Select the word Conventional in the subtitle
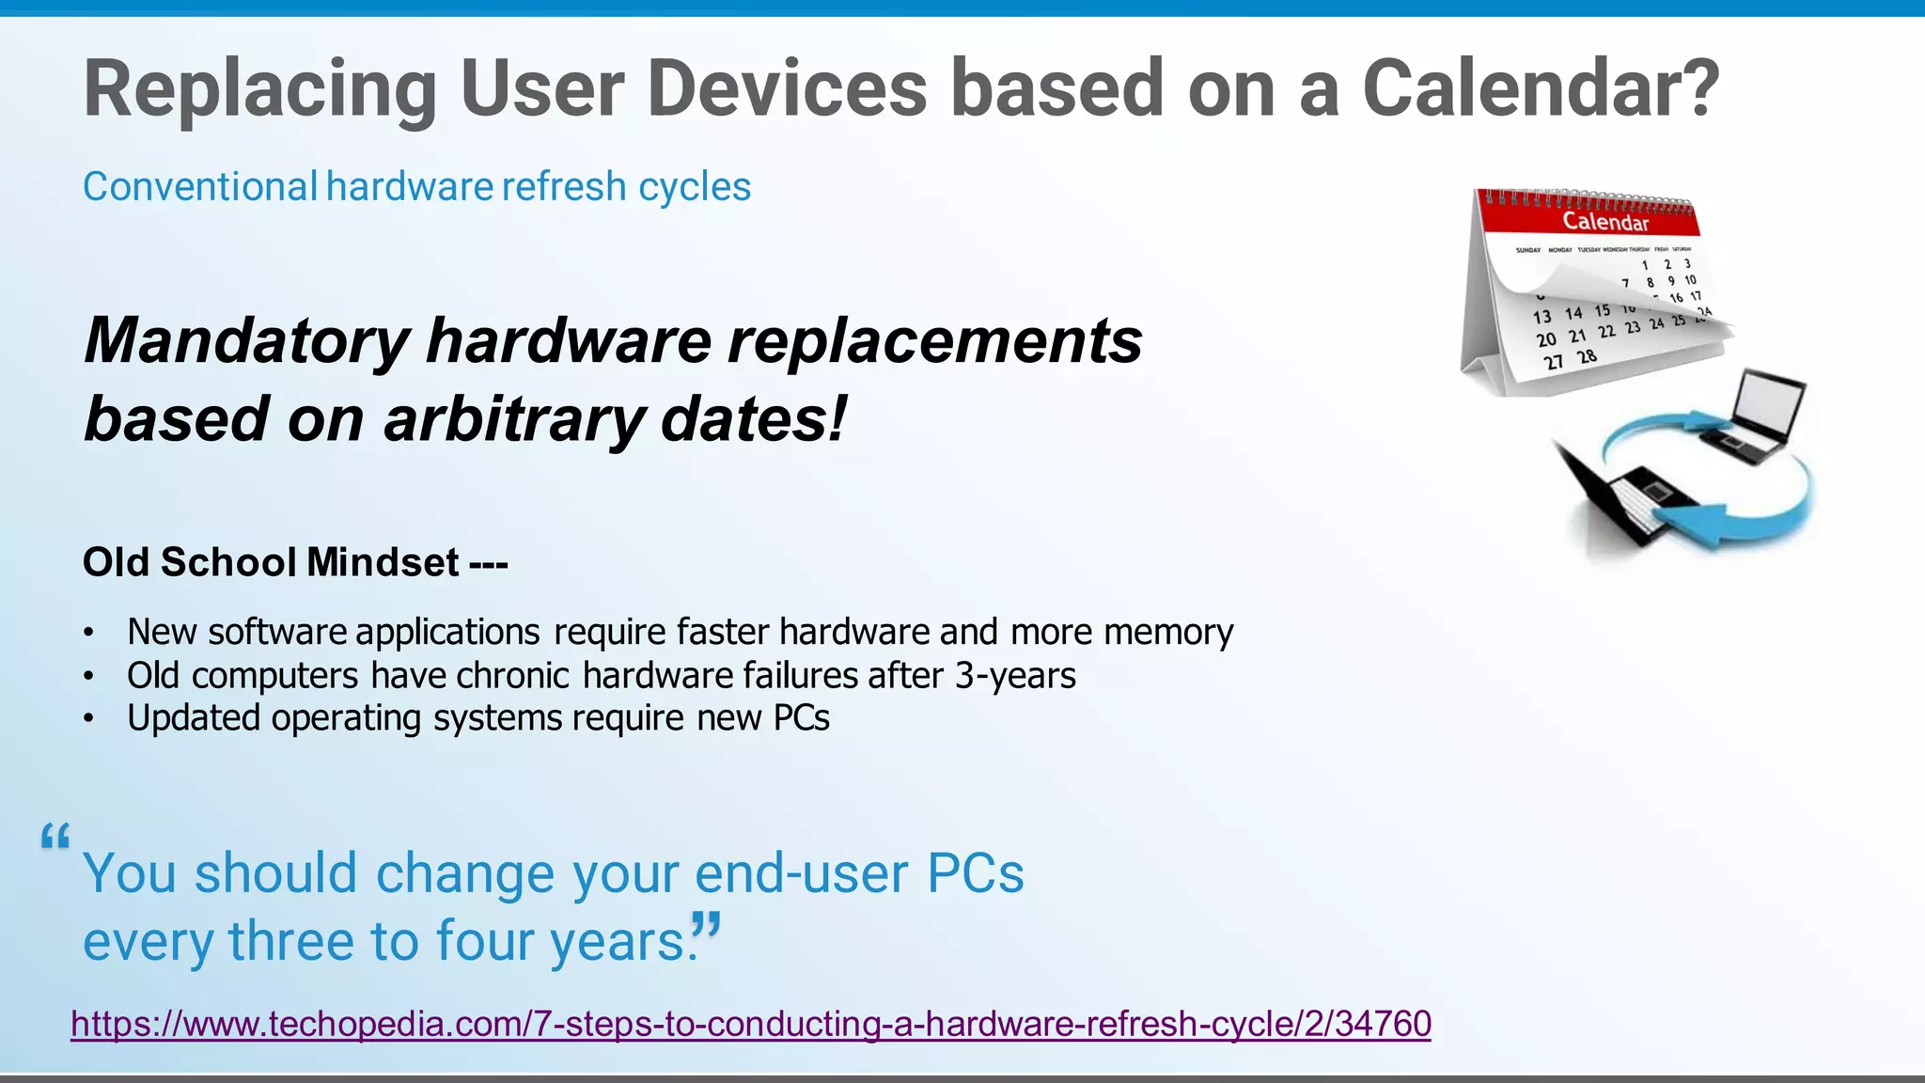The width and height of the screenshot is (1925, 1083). pos(200,187)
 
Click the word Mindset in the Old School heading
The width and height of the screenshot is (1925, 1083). pos(383,562)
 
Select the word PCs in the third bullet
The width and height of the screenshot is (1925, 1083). pos(801,718)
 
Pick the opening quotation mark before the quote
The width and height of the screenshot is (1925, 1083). pos(55,837)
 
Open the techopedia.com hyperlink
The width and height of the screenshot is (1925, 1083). pos(750,1023)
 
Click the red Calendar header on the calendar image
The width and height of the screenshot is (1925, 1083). pos(1604,222)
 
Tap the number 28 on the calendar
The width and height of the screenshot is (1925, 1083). pos(1587,357)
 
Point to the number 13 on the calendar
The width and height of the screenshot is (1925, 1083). pos(1542,317)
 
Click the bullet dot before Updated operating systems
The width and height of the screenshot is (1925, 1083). pos(88,719)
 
